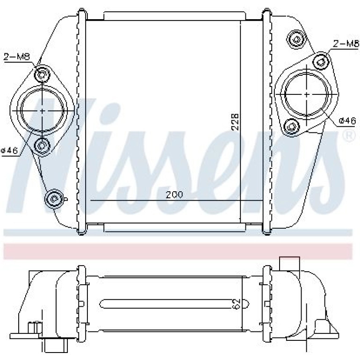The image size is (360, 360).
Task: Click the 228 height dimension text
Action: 235,122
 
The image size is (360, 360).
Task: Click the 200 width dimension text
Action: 174,194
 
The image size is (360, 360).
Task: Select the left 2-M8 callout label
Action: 17,57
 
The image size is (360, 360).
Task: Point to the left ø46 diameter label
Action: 9,151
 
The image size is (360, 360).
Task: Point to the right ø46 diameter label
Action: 347,121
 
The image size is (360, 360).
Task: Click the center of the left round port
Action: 42,111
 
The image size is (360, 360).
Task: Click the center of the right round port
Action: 308,94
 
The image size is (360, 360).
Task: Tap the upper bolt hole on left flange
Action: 42,74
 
